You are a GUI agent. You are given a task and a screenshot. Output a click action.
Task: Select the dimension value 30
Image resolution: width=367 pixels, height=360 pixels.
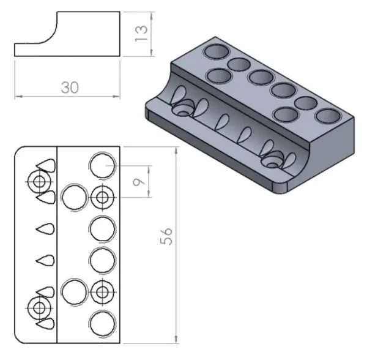69,88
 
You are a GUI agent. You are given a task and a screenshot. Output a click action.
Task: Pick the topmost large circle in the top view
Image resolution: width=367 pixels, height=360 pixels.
102,165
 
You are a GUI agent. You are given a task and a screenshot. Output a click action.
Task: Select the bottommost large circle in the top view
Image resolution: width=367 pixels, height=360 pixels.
102,322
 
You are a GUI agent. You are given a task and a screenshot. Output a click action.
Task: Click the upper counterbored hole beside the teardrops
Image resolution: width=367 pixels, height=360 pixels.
40,181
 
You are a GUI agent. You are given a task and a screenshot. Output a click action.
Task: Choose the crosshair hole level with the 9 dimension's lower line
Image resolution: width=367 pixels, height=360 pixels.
102,197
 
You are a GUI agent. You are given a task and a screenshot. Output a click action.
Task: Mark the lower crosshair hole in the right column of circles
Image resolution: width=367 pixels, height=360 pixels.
102,291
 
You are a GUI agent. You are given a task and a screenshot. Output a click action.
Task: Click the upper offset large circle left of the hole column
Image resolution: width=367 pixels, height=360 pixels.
75,197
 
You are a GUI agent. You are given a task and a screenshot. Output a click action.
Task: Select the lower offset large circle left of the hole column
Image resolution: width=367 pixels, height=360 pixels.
75,291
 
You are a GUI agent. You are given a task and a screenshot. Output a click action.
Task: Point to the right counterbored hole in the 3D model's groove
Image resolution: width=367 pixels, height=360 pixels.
273,162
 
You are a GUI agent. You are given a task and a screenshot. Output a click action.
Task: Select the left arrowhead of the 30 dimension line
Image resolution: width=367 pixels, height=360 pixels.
18,96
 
